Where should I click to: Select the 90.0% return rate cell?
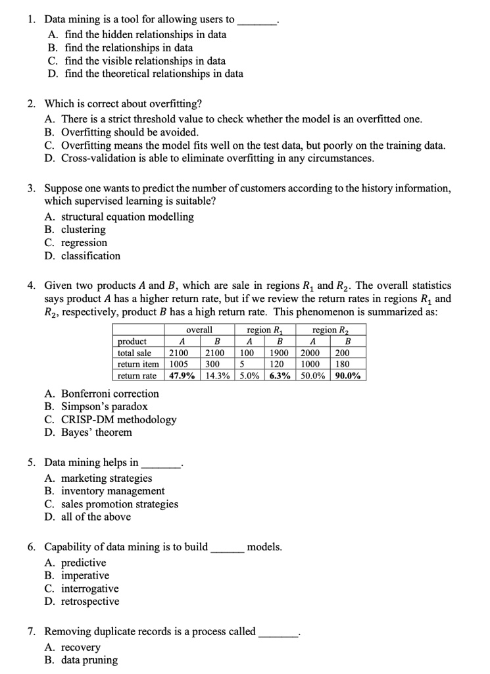pyautogui.click(x=348, y=376)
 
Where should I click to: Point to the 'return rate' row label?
pyautogui.click(x=137, y=376)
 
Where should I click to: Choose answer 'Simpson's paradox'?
pyautogui.click(x=104, y=407)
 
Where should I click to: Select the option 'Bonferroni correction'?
pyautogui.click(x=110, y=394)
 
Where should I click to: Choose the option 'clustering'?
pyautogui.click(x=83, y=230)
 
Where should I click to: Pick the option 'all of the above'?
pyautogui.click(x=96, y=517)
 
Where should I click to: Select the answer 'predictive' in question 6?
pyautogui.click(x=84, y=563)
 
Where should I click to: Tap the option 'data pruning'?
pyautogui.click(x=89, y=660)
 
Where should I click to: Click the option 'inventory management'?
pyautogui.click(x=112, y=491)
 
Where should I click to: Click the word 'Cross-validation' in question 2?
pyautogui.click(x=99, y=159)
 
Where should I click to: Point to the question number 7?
pyautogui.click(x=32, y=632)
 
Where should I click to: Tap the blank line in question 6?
pyautogui.click(x=228, y=548)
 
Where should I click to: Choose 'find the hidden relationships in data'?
pyautogui.click(x=145, y=35)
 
